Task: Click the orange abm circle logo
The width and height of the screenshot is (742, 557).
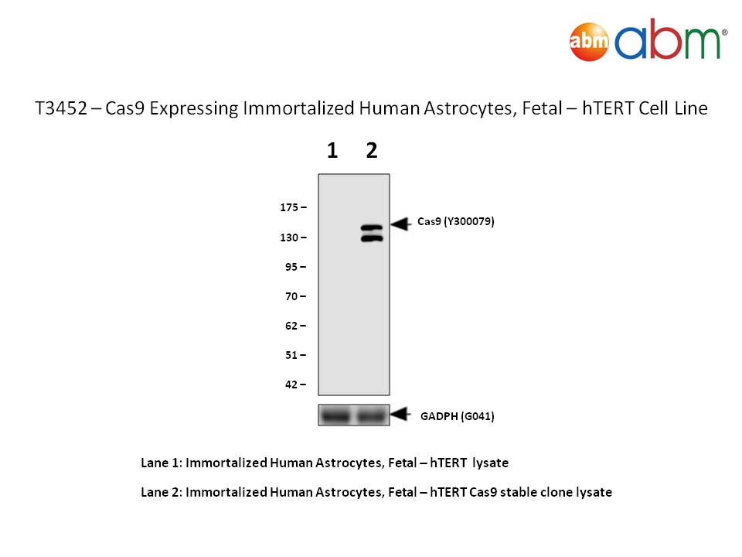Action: [589, 42]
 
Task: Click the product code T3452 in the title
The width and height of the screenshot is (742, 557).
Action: [62, 108]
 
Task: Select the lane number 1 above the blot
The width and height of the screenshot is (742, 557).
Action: [332, 151]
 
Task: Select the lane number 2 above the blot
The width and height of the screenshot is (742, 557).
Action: [372, 151]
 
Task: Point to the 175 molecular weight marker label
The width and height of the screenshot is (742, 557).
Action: [289, 207]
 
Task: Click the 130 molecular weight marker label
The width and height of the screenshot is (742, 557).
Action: [289, 237]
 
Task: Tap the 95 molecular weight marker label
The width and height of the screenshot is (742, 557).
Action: [291, 267]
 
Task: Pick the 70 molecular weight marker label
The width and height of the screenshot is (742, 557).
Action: [291, 296]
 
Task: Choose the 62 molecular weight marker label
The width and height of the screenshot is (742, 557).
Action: [291, 326]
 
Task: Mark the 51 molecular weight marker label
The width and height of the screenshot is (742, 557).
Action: [291, 355]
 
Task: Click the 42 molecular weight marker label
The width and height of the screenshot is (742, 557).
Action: [291, 384]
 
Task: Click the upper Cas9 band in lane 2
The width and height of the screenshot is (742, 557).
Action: [372, 228]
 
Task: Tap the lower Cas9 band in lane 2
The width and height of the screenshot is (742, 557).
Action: [372, 238]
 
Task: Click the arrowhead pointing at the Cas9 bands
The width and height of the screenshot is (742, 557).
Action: [400, 224]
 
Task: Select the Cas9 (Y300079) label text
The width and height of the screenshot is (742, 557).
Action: [456, 222]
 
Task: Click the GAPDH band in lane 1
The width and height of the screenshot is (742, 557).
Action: [335, 416]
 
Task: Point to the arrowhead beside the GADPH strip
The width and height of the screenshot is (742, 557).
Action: [400, 414]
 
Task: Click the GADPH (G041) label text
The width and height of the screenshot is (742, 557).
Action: [457, 416]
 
